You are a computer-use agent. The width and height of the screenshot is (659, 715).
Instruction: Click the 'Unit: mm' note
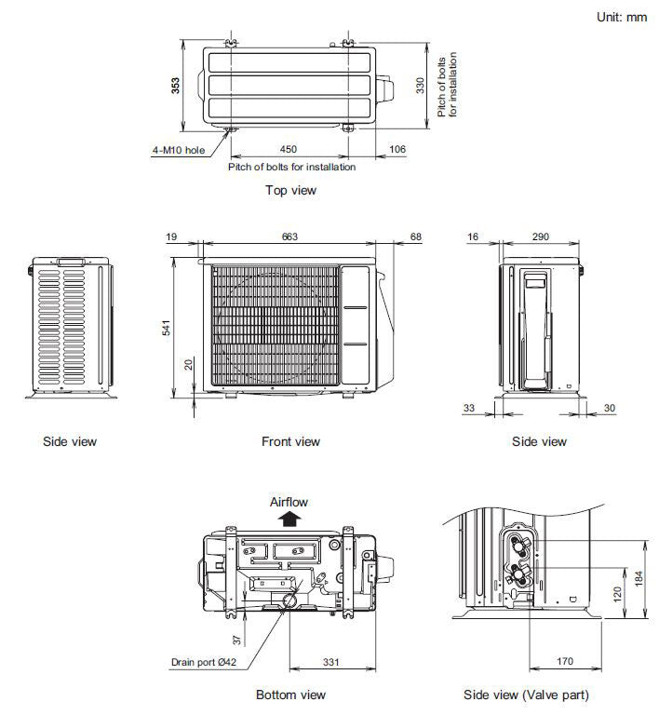(x=621, y=18)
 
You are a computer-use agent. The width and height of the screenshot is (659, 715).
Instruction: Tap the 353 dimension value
(x=176, y=85)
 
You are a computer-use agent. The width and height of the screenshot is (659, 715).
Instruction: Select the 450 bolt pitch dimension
(x=289, y=149)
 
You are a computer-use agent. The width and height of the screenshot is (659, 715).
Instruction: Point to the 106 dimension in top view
(x=397, y=149)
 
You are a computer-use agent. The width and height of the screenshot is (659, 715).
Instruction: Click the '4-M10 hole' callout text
(x=179, y=149)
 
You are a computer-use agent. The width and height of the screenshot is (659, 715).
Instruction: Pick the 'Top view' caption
(x=290, y=190)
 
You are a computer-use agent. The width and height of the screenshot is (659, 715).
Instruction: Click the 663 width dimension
(x=289, y=237)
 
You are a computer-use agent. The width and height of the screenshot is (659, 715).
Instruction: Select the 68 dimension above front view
(x=415, y=237)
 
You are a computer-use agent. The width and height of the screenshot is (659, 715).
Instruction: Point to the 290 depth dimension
(x=539, y=237)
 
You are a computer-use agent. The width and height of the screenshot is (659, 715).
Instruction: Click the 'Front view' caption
(x=290, y=441)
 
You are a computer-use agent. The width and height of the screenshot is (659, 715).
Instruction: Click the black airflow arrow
(x=290, y=519)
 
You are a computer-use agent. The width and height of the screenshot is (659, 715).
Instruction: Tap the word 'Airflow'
(x=289, y=502)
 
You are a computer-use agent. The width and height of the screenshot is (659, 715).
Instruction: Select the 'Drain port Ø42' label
(x=204, y=663)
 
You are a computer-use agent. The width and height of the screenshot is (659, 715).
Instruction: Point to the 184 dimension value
(x=639, y=578)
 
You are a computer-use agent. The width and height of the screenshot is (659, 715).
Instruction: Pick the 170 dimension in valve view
(x=565, y=663)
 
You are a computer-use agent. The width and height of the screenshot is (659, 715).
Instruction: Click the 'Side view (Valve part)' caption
(x=526, y=695)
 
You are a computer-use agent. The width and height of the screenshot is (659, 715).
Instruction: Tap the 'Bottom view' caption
(x=290, y=695)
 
